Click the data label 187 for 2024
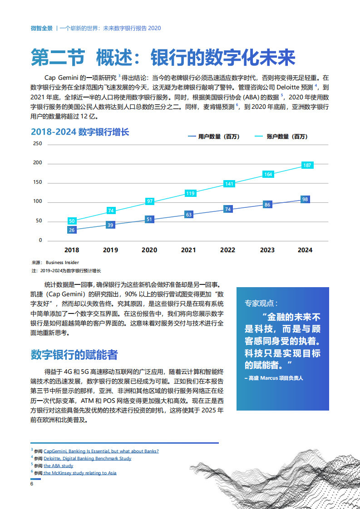(x=307, y=166)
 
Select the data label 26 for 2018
(x=72, y=230)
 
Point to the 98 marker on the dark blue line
(x=305, y=199)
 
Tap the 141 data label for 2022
(x=229, y=184)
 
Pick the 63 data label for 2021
(x=189, y=215)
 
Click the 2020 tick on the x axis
(x=149, y=250)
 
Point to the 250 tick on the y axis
(x=38, y=144)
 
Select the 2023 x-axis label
(x=267, y=250)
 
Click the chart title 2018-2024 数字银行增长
(x=80, y=132)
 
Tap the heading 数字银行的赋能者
(x=74, y=354)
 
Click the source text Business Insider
(x=62, y=262)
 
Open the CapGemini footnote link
(x=101, y=451)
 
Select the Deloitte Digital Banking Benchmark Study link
(x=88, y=458)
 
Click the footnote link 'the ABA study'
(x=59, y=465)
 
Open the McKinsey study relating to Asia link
(x=80, y=473)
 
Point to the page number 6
(x=32, y=484)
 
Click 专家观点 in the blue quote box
(x=261, y=303)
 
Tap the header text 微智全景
(x=41, y=28)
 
